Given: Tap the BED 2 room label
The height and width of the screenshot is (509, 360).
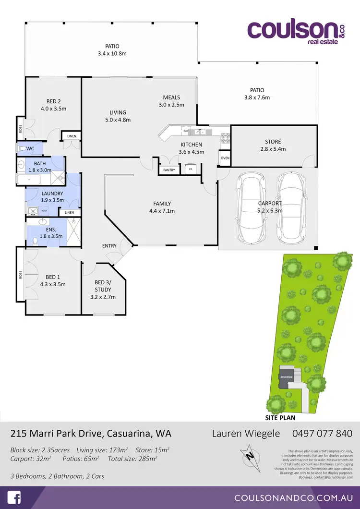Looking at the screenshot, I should [53, 105].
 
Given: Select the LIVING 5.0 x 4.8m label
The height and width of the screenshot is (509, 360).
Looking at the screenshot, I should [118, 116].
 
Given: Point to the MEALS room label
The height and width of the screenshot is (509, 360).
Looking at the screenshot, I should [171, 101].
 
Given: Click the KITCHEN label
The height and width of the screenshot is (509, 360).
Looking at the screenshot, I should [192, 148].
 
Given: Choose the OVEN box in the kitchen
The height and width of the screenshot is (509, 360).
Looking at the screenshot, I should [225, 158].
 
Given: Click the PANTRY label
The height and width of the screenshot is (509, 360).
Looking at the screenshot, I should [168, 170].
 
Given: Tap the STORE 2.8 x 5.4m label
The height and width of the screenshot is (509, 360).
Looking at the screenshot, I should [273, 145].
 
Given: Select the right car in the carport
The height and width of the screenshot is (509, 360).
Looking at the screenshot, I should [291, 207].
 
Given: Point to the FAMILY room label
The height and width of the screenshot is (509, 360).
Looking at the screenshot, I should [162, 207].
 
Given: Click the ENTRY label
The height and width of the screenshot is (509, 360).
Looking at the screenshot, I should [109, 246].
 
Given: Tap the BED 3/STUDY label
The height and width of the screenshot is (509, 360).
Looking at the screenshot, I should [103, 290].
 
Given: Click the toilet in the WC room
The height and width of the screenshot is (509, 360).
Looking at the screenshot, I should [23, 148].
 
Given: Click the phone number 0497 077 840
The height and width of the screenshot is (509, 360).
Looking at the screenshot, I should [322, 434].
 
